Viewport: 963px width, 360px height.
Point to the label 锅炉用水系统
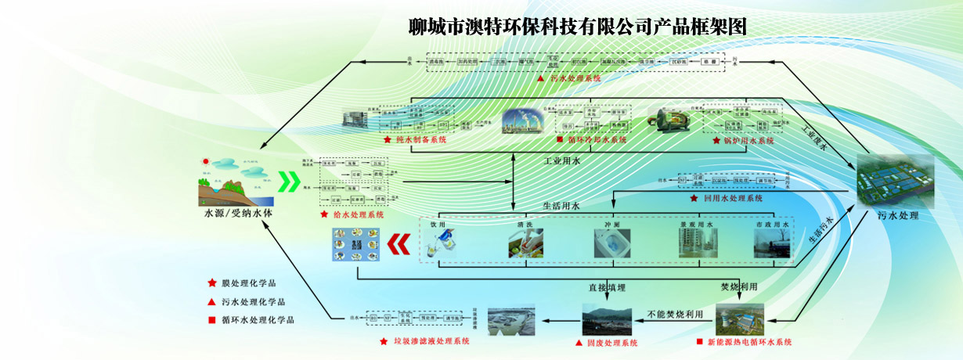(747, 141)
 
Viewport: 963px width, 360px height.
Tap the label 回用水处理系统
(731, 199)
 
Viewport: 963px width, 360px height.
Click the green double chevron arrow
(290, 183)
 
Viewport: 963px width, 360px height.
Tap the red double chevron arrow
(399, 245)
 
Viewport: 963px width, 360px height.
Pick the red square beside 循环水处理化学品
(211, 319)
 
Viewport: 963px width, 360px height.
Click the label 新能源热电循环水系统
(750, 342)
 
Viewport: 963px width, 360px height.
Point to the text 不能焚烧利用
(675, 314)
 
